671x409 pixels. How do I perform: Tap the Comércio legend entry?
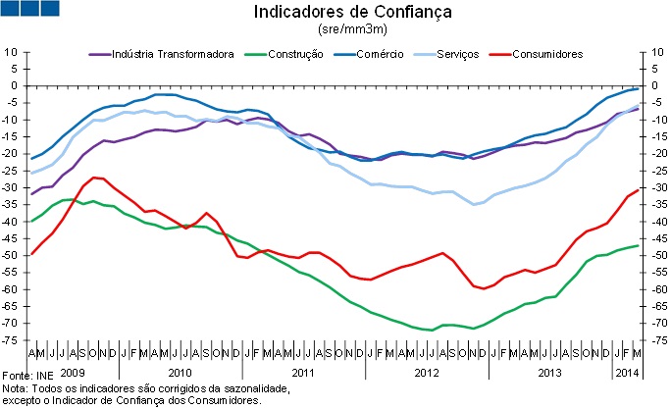377,54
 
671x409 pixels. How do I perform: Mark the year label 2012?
425,374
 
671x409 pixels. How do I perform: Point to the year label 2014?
627,374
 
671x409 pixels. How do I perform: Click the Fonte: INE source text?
27,377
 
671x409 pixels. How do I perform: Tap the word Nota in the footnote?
15,388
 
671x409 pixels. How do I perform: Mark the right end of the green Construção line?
637,245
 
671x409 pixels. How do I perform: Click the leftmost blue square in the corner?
12,9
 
